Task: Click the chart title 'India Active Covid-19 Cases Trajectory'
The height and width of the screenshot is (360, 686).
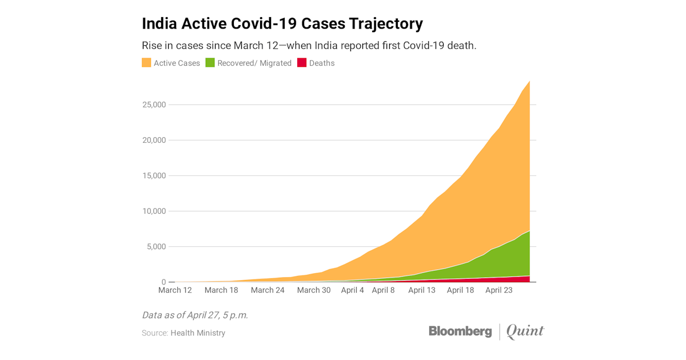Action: click(282, 24)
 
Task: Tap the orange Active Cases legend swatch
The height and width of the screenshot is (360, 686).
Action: click(146, 63)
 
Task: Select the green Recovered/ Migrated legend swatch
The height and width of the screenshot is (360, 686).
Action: click(210, 63)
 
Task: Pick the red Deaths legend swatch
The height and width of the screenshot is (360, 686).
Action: click(302, 63)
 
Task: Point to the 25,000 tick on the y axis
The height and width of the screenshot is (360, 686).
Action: click(154, 105)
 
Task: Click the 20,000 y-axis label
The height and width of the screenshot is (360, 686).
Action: click(154, 140)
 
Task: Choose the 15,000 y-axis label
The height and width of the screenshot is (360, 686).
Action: click(154, 175)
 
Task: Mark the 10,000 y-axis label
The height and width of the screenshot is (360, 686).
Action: click(154, 211)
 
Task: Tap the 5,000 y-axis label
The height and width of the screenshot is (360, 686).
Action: click(156, 247)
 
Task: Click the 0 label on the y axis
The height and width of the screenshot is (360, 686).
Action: click(163, 282)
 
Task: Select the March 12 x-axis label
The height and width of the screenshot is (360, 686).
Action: click(175, 290)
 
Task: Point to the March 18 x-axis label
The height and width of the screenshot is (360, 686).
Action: click(221, 290)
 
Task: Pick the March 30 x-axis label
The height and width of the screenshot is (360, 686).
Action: click(314, 290)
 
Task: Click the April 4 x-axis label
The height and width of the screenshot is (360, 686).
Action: click(353, 290)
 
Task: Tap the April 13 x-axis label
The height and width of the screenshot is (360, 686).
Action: click(422, 290)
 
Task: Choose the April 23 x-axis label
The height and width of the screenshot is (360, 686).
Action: click(499, 290)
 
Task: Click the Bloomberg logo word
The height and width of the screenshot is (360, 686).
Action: click(460, 331)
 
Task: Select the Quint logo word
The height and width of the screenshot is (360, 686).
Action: click(525, 331)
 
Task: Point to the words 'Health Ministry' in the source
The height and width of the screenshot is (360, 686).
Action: click(198, 333)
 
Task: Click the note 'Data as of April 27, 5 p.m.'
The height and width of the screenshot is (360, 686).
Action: click(195, 315)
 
